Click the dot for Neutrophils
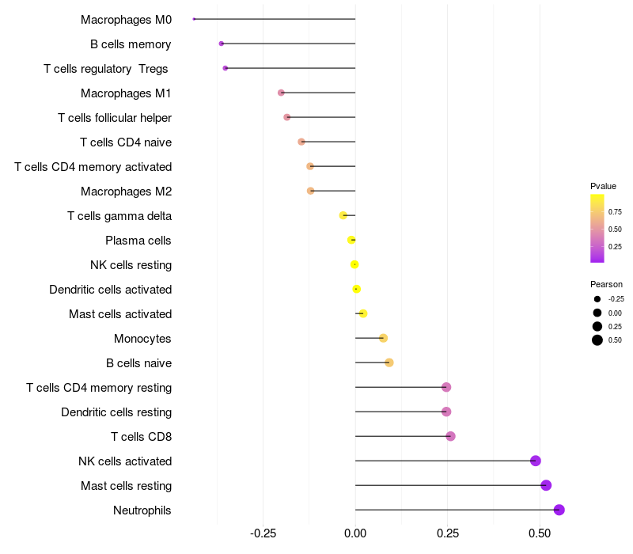tap(559, 510)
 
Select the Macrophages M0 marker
tap(194, 19)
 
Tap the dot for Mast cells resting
tap(546, 485)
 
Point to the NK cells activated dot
tap(536, 461)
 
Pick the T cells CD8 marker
tap(450, 436)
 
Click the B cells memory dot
tap(222, 44)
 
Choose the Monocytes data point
tap(384, 338)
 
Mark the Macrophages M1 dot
tap(281, 93)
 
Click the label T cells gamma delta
tap(119, 216)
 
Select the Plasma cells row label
tap(138, 241)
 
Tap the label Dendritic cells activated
tap(111, 290)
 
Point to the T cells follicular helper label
tap(115, 118)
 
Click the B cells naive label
tap(138, 363)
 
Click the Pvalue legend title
tap(603, 186)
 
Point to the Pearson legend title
tap(606, 284)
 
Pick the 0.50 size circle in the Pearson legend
tap(597, 340)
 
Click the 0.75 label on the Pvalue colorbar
tap(615, 212)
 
